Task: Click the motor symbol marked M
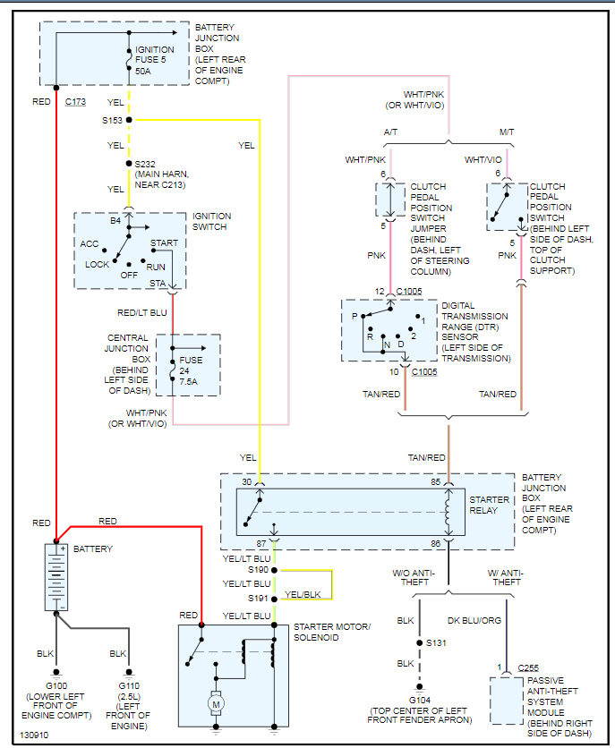(216, 705)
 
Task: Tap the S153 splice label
(112, 120)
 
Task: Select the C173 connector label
(75, 102)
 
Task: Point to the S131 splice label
(436, 642)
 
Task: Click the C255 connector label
(530, 668)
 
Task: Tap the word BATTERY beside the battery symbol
(93, 548)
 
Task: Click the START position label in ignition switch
(164, 243)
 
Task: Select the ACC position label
(90, 243)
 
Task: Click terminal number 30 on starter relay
(246, 482)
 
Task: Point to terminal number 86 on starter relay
(435, 543)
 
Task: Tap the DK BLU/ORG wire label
(474, 619)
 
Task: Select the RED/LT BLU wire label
(142, 313)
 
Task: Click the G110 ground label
(130, 688)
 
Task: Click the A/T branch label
(391, 132)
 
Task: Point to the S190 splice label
(259, 569)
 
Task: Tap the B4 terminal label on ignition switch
(115, 220)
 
